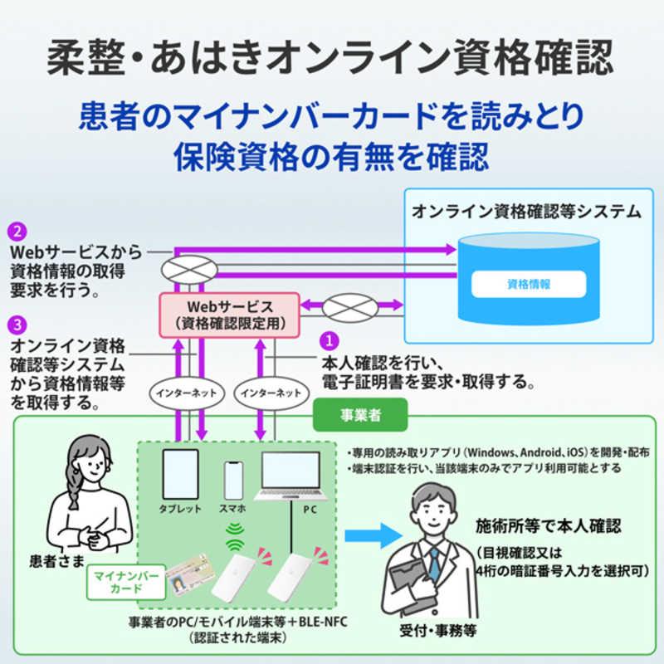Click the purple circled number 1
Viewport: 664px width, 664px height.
330,341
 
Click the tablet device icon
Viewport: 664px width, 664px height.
180,475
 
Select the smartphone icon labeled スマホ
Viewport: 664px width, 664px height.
233,479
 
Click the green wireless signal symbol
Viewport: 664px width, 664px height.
233,538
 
